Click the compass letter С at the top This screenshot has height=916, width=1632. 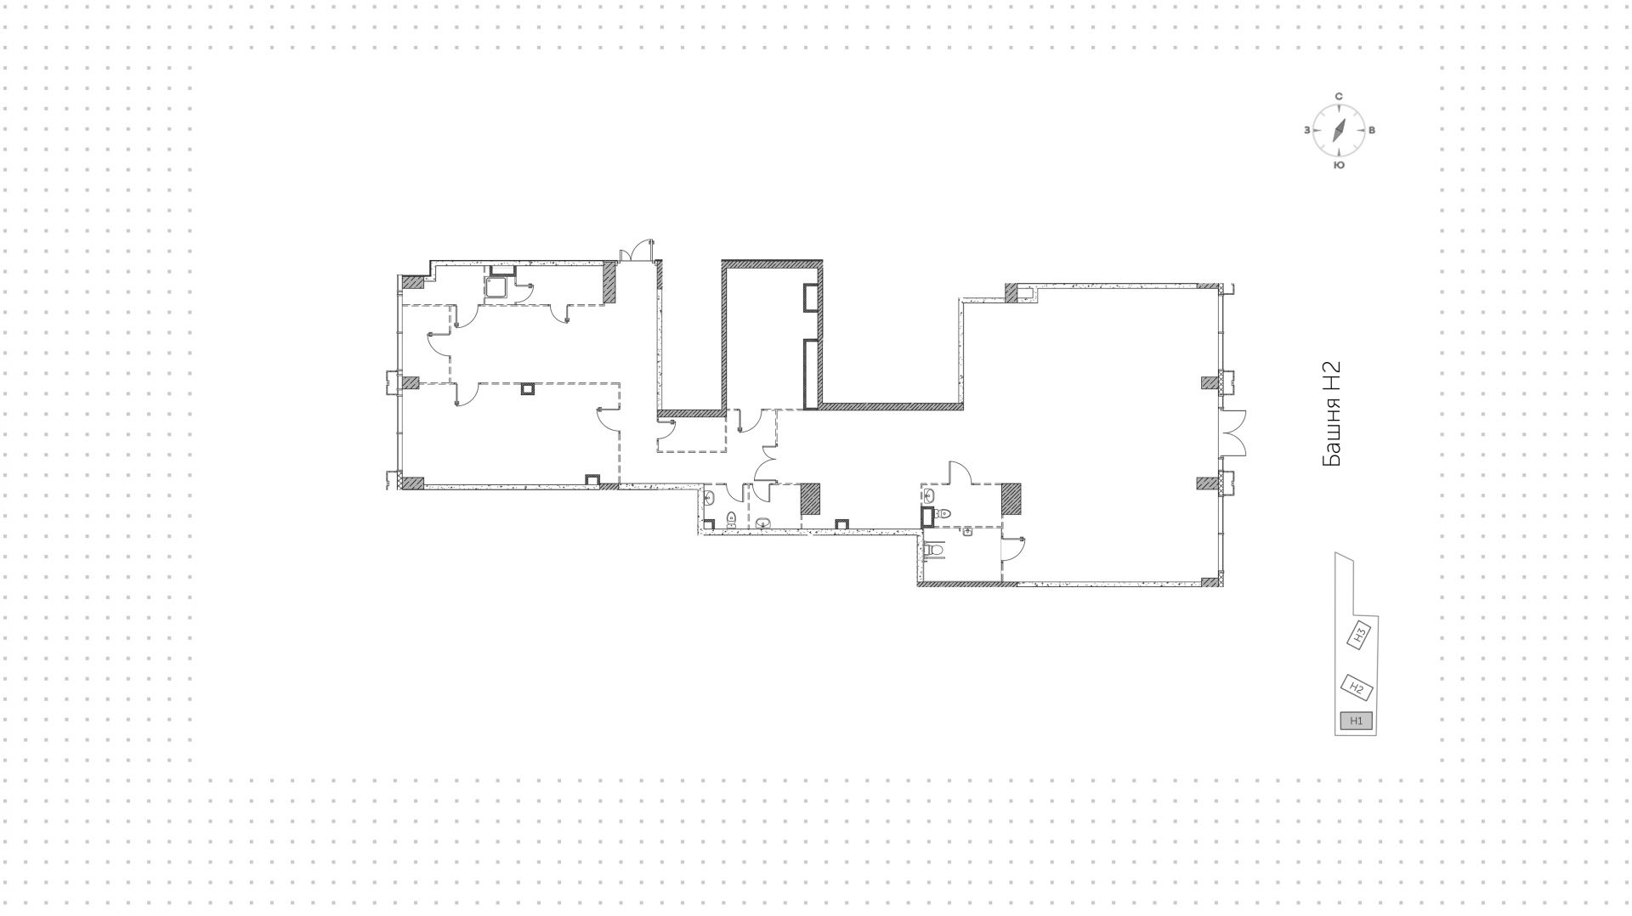(x=1339, y=97)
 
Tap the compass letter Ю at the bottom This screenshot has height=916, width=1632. (x=1339, y=165)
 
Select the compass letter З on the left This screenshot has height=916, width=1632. (x=1306, y=131)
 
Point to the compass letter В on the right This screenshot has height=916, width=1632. (x=1372, y=131)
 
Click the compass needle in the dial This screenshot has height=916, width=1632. (x=1339, y=130)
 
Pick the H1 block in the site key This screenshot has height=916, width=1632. (x=1356, y=721)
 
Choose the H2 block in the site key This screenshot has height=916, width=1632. (x=1357, y=687)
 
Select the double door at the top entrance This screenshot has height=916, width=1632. (x=637, y=251)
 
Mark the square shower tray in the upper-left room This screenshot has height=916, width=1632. (x=496, y=287)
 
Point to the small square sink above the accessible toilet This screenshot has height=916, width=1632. (x=967, y=532)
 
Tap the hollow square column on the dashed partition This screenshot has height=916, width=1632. (x=528, y=389)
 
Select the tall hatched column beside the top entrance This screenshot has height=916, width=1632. (x=609, y=281)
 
